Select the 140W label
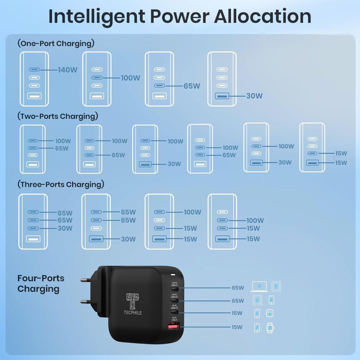(67, 70)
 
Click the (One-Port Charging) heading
(56, 44)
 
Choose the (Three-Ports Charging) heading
(61, 184)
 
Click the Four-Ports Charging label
(41, 283)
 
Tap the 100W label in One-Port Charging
(130, 78)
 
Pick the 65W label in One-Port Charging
(192, 86)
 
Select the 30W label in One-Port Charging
(254, 96)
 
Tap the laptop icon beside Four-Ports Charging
(259, 287)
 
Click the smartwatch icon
(270, 328)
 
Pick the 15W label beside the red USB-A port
(237, 327)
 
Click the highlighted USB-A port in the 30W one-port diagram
(221, 96)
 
